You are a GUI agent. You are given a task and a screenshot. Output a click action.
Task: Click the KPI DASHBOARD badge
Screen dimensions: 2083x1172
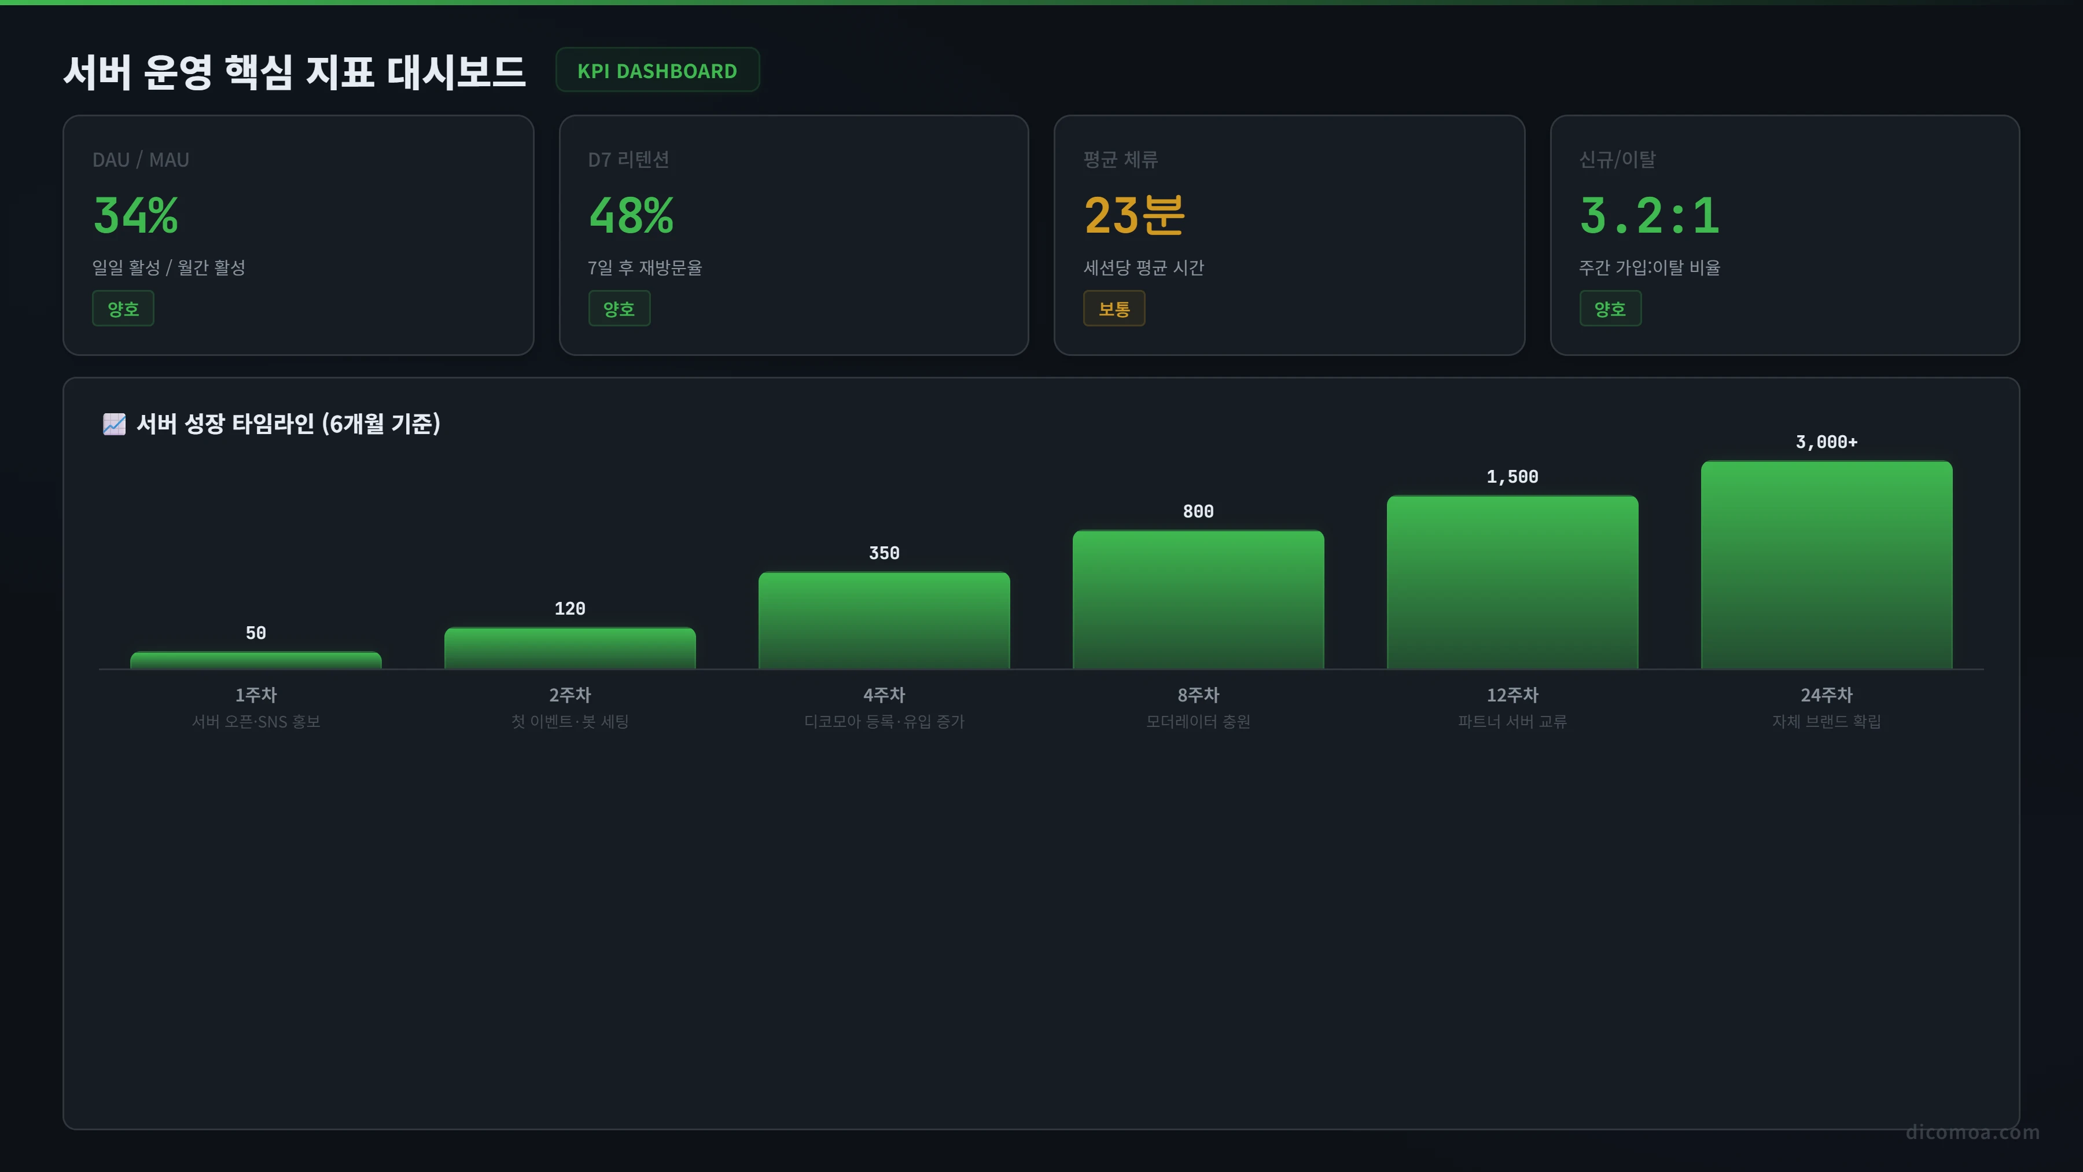tap(657, 71)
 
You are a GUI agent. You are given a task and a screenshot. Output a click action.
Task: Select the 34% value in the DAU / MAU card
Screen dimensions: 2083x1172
tap(136, 216)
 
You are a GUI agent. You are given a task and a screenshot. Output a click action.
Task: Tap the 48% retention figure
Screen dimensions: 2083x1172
tap(631, 216)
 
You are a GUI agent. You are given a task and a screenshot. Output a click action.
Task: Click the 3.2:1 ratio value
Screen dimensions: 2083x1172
tap(1650, 216)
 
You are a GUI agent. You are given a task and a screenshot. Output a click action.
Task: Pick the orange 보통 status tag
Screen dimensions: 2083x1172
tap(1114, 308)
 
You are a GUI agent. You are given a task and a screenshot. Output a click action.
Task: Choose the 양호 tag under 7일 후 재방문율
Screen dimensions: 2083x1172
tap(619, 308)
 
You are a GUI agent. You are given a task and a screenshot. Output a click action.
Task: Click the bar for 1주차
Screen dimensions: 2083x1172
tap(256, 660)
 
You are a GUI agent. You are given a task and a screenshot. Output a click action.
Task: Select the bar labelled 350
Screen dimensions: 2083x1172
tap(884, 620)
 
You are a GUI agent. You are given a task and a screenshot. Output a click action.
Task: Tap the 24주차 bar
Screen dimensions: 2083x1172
tap(1827, 564)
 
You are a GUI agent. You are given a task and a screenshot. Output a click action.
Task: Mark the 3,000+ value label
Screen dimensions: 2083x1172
tap(1827, 442)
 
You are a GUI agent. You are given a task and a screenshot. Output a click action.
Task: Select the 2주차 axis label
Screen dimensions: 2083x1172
tap(570, 695)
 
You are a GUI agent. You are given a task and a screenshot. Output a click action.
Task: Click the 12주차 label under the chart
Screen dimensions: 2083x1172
tap(1512, 695)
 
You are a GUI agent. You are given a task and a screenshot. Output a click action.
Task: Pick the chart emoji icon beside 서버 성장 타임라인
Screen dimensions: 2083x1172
tap(114, 424)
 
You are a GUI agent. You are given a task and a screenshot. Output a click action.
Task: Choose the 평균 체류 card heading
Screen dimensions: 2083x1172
tap(1121, 159)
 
